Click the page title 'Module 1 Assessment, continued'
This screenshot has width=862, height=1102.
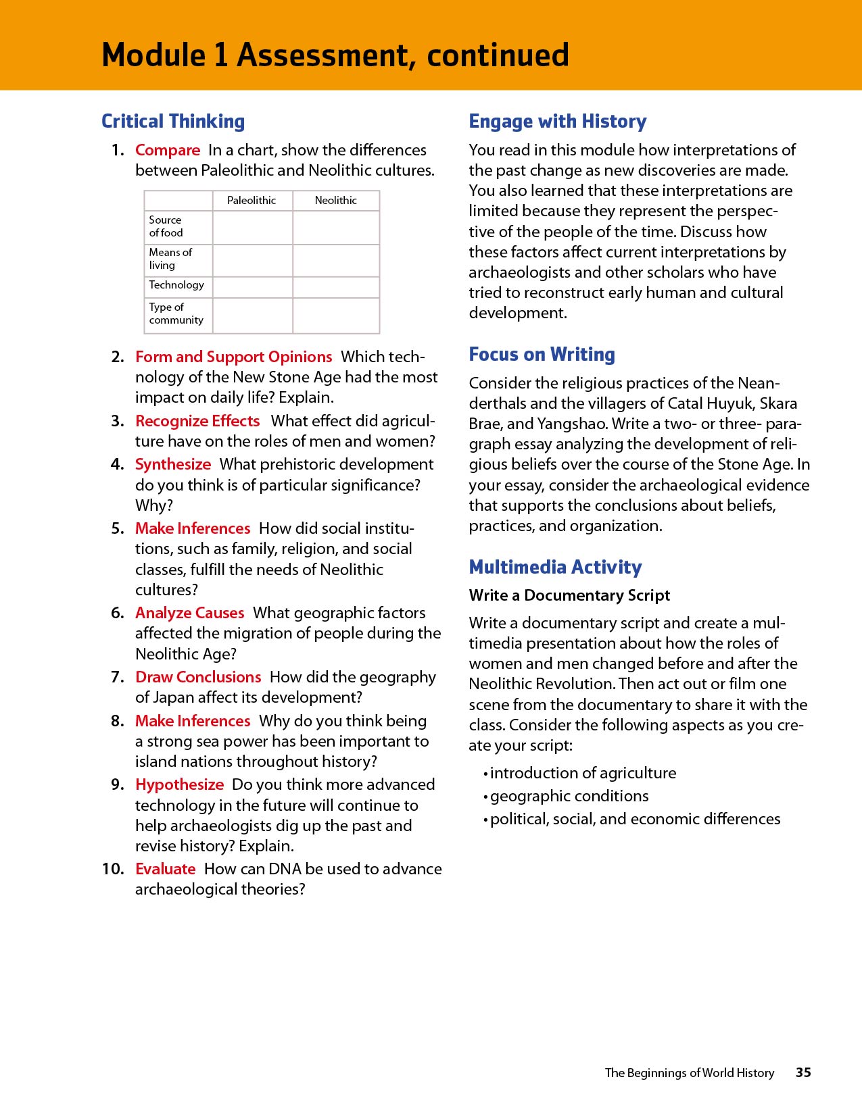(335, 55)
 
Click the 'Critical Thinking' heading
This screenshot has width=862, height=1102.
(173, 122)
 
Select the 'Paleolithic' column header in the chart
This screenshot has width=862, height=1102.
(252, 201)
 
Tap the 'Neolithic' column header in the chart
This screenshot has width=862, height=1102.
(335, 201)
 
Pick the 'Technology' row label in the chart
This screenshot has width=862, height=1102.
(176, 285)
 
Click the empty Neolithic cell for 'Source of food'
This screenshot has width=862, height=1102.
(336, 227)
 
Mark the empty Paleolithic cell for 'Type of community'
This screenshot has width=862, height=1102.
(253, 315)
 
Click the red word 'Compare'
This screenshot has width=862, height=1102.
(168, 150)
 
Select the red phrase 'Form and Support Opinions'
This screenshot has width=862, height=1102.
(233, 357)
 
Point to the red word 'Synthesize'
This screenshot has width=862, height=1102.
(173, 464)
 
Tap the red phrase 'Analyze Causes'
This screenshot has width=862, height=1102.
(189, 613)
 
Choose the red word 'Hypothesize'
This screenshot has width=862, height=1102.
(179, 784)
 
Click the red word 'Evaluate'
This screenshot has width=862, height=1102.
(165, 869)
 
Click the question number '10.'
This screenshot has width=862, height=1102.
(113, 869)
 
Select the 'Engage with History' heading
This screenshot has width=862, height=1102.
(558, 122)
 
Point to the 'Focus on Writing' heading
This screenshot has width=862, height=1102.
(542, 355)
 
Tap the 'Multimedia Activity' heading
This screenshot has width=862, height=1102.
(556, 568)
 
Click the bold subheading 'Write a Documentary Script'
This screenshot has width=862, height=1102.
(569, 595)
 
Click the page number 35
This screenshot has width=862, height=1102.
(803, 1072)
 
